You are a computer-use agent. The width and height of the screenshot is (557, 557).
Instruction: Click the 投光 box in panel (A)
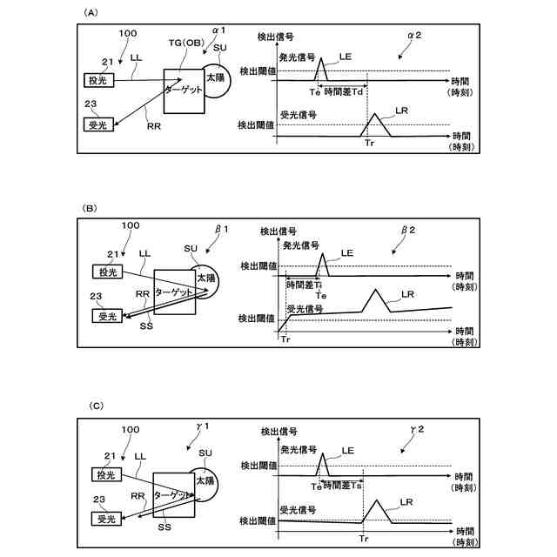point(97,79)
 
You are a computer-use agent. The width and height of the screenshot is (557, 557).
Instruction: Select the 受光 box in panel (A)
point(97,126)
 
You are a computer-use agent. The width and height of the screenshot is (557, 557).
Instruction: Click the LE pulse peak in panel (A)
point(321,58)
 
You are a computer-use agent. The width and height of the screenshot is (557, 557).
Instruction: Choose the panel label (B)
point(88,209)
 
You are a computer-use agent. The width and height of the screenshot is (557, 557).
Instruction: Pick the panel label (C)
point(97,405)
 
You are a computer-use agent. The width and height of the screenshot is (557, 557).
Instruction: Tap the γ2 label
point(416,429)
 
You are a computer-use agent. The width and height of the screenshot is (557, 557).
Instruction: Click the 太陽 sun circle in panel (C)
point(205,481)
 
